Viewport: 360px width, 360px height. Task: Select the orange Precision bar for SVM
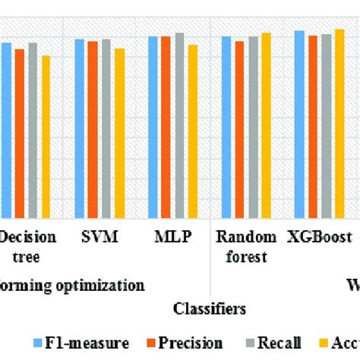93,131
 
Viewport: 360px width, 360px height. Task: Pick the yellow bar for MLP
193,132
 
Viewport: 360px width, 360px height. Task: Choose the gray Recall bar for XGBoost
326,127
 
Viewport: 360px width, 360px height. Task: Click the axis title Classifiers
209,309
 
